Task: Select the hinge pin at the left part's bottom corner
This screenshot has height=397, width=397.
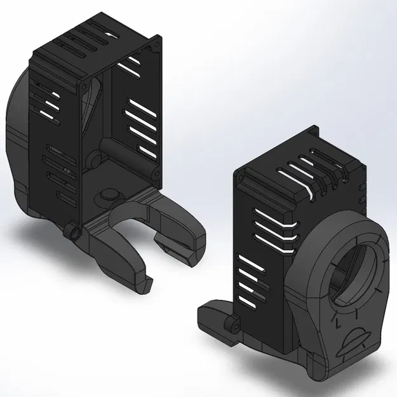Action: tap(75, 233)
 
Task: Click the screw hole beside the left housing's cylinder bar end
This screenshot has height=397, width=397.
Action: tap(152, 172)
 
